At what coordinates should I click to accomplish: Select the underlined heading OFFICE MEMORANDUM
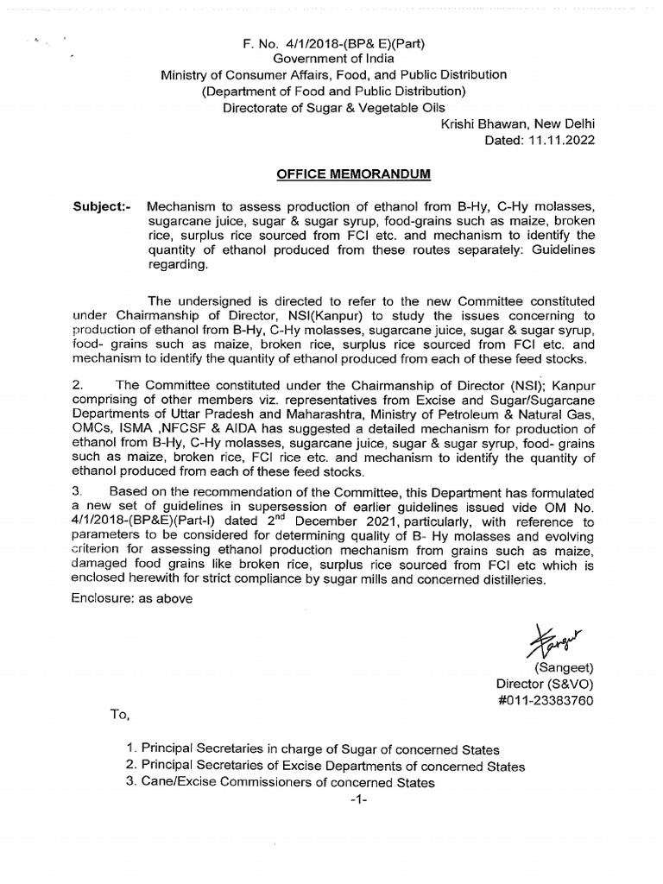(353, 174)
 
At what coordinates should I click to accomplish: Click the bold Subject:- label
(101, 207)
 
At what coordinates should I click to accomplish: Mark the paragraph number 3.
(77, 491)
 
